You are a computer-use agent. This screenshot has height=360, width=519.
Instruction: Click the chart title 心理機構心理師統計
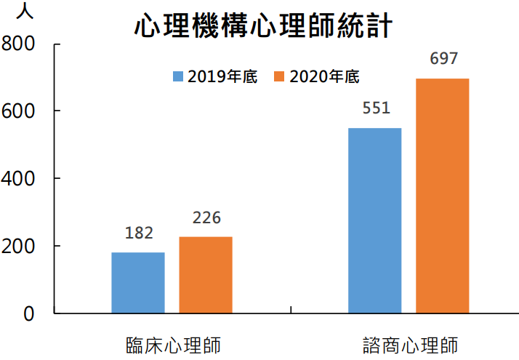tap(263, 26)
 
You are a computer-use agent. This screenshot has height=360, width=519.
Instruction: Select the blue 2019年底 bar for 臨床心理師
tap(138, 283)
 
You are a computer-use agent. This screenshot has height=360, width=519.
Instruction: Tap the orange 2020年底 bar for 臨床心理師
tap(206, 275)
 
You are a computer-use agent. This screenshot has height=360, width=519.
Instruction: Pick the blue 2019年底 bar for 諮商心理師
tap(375, 220)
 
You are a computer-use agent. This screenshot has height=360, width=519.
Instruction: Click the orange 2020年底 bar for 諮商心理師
tap(443, 196)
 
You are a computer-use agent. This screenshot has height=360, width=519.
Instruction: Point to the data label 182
tap(139, 233)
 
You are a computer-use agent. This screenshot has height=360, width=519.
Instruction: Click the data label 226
tap(206, 217)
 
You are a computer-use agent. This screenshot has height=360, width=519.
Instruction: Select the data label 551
tap(376, 108)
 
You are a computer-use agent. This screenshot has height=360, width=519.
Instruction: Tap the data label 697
tap(443, 59)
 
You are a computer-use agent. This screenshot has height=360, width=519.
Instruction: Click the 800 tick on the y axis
tap(19, 44)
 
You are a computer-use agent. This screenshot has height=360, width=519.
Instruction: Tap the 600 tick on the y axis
tap(19, 111)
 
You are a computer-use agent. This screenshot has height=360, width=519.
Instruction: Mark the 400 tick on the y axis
tap(19, 179)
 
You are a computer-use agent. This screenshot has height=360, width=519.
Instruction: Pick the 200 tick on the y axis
tap(19, 247)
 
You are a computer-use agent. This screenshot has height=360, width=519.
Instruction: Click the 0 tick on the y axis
tap(28, 313)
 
